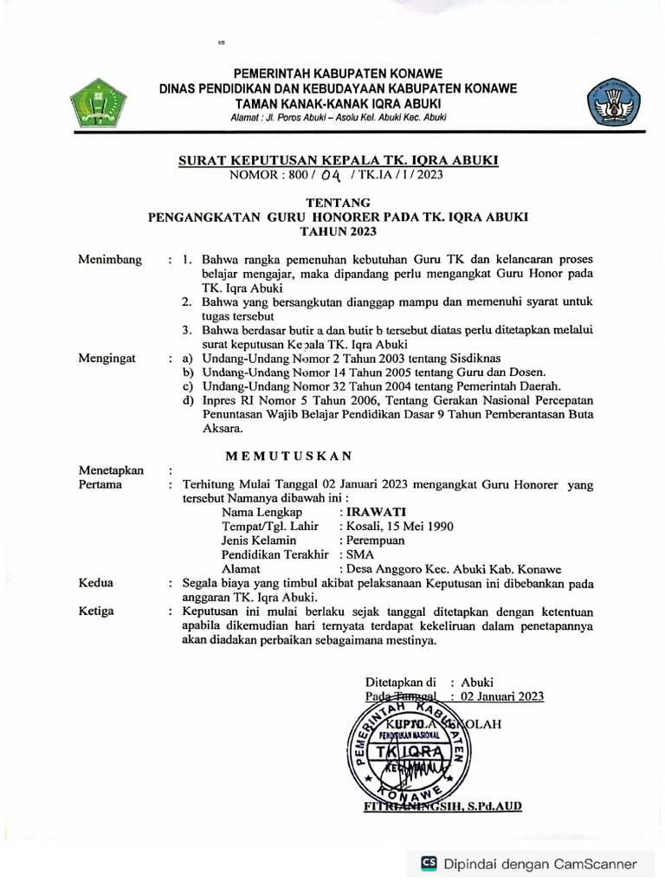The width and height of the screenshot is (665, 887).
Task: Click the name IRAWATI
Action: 373,512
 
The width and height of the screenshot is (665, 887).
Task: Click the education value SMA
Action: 359,554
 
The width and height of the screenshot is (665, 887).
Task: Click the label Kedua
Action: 95,583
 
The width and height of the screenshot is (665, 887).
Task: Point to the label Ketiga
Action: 96,612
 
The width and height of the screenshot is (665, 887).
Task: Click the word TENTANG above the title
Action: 332,202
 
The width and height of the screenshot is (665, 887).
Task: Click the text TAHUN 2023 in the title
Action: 332,232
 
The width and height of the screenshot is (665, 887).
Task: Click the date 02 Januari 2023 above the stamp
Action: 502,696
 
